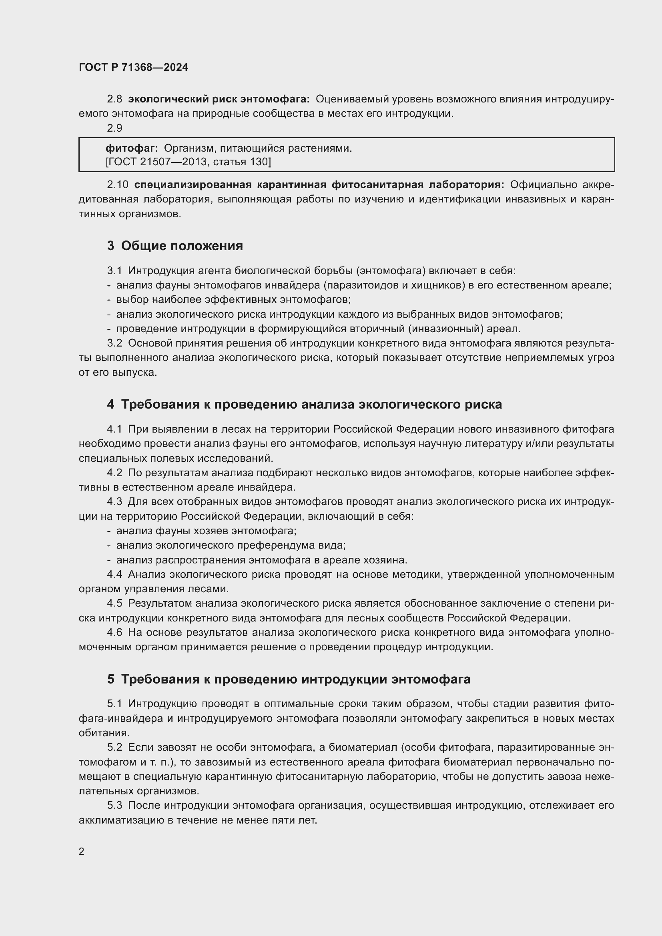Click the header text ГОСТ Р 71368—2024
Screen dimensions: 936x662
[133, 67]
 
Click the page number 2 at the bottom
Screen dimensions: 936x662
[82, 851]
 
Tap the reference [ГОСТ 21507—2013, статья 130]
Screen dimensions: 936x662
[188, 162]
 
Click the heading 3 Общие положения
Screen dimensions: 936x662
[175, 245]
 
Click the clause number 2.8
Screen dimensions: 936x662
[114, 99]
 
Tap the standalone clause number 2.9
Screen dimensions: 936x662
[114, 128]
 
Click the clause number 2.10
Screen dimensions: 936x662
[117, 184]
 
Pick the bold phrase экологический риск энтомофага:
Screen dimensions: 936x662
[219, 99]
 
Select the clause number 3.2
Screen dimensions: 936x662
[114, 343]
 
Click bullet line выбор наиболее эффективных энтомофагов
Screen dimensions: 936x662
[233, 299]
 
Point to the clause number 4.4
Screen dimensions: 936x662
[114, 574]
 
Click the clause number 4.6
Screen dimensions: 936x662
[114, 632]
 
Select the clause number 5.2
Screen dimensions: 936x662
[114, 747]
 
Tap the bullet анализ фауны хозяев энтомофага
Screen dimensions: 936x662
[206, 530]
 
